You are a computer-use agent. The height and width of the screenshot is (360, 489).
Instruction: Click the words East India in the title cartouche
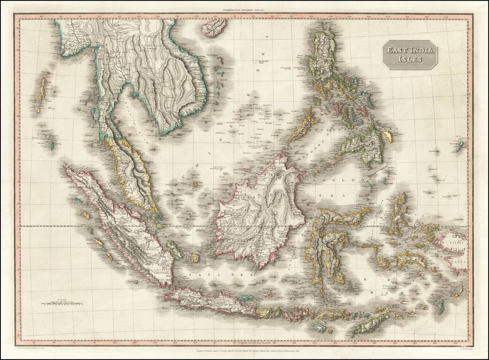[410, 50]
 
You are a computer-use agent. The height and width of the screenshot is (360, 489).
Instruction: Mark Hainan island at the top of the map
[214, 27]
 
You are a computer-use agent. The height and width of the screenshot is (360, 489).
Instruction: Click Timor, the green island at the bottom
[370, 323]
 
